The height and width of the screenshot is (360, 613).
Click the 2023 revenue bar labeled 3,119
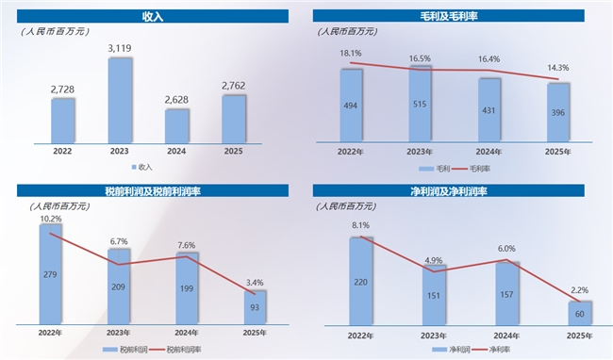coord(120,101)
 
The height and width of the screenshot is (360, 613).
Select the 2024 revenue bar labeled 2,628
coord(176,126)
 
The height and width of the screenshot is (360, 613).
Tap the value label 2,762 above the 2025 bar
coord(233,86)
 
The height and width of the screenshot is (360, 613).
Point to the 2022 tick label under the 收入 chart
coord(62,151)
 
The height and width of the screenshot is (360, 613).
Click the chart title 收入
coord(153,16)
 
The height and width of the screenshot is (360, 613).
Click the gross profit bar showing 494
coord(351,106)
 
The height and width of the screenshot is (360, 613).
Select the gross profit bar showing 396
coord(558,112)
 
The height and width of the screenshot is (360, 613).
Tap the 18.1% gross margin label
coord(351,53)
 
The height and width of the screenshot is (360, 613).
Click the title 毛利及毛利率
coord(448,16)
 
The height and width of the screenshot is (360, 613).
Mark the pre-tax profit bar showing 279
coord(50,274)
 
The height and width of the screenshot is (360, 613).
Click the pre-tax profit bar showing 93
coord(255,307)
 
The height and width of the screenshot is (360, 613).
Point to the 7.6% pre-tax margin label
coord(187,245)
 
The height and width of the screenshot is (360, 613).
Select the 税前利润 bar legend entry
coord(125,349)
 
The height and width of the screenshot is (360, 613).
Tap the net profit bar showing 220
coord(361,281)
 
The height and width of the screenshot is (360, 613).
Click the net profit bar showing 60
coord(580,313)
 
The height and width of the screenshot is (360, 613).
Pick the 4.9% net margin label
coord(434,260)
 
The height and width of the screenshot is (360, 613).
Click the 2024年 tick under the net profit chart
coord(506,335)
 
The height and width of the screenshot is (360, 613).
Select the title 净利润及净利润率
coord(448,191)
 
